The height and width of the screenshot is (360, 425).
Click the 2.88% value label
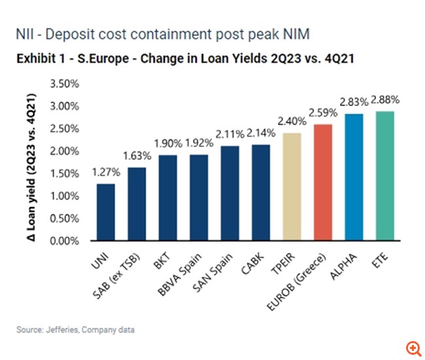pos(385,100)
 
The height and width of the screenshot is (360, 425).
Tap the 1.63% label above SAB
pos(137,156)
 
